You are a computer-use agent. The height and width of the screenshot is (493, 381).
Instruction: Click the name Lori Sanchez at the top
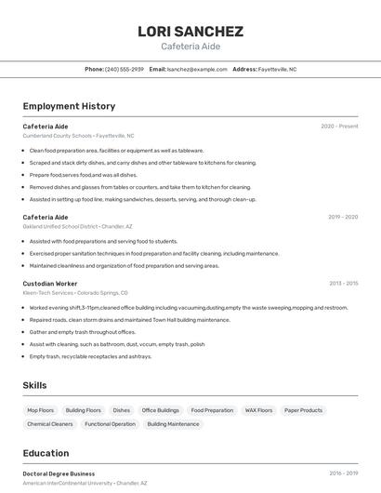190,31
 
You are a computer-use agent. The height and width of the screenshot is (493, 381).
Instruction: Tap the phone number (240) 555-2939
125,69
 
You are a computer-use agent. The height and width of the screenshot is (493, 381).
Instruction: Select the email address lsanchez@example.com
197,69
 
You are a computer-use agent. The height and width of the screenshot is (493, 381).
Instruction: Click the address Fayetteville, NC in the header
277,69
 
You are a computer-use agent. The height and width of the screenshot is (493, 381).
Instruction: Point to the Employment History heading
69,106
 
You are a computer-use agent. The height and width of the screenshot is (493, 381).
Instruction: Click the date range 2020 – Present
339,126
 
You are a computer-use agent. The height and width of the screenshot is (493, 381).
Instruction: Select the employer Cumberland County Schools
58,135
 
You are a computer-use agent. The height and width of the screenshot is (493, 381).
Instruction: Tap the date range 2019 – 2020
343,217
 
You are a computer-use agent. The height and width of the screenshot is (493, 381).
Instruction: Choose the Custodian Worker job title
50,283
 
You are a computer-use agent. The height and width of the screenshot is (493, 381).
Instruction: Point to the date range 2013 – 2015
343,283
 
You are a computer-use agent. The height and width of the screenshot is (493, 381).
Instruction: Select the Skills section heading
35,385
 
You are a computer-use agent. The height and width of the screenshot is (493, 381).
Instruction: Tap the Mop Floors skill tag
41,410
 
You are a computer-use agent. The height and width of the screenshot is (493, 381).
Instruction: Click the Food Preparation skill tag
212,410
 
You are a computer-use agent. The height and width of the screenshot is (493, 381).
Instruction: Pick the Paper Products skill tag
303,410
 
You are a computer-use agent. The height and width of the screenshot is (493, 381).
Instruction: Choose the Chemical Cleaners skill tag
50,424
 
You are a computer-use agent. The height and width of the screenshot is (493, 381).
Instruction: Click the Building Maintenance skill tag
173,424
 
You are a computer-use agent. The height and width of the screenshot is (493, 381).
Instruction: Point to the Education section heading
46,453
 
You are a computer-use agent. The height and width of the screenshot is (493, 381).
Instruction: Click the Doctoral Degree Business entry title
59,473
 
